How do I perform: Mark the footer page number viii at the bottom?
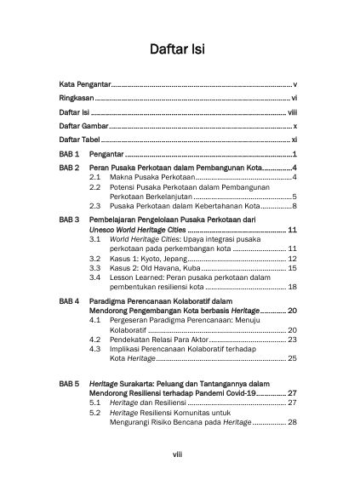[x=180, y=455]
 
